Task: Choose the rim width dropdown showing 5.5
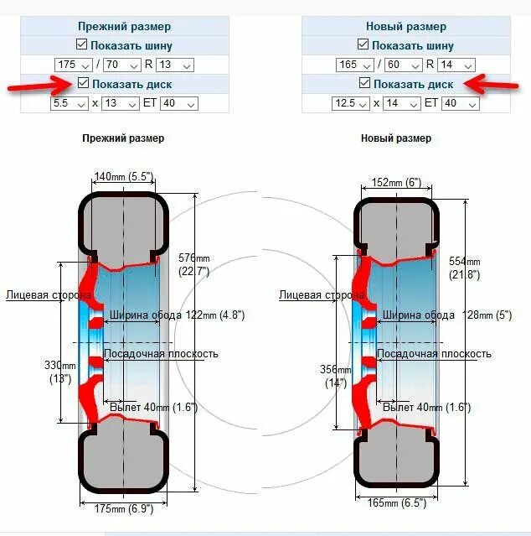[x=70, y=103]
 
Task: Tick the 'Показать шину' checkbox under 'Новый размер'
[x=364, y=45]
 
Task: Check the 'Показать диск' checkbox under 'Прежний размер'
[x=82, y=83]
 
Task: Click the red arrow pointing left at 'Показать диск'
[x=487, y=82]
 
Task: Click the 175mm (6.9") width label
[x=123, y=509]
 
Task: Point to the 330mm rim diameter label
[x=59, y=372]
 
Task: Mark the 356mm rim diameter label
[x=334, y=376]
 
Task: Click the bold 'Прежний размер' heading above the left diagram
[x=123, y=138]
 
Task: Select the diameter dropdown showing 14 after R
[x=456, y=65]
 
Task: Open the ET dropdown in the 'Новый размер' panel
[x=461, y=103]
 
